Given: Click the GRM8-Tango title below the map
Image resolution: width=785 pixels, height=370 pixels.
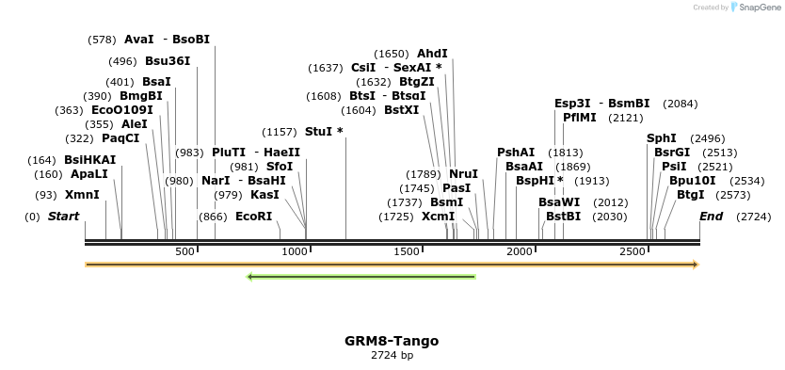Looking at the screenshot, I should tap(392, 341).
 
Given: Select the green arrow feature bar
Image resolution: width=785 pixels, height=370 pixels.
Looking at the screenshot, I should tap(361, 277).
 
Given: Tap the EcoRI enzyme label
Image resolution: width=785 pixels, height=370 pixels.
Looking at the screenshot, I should tap(253, 217).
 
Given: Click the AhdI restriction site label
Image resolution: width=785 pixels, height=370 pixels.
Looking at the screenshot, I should tap(432, 54).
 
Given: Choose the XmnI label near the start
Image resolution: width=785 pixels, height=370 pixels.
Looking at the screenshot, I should tap(82, 195).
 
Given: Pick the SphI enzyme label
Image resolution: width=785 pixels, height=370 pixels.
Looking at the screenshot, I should tap(661, 138).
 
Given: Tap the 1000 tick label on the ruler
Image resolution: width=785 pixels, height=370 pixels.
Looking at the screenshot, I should tap(296, 251).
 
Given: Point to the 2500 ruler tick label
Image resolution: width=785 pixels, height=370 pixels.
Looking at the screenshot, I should tap(633, 251).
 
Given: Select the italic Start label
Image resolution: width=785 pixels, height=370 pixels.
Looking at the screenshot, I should tap(63, 217).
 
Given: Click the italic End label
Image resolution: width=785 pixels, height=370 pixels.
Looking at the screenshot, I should tap(711, 217).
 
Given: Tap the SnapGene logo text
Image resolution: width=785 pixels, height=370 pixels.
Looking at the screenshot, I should tap(761, 8).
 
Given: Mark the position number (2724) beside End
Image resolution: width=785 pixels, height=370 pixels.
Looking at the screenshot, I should tap(754, 217).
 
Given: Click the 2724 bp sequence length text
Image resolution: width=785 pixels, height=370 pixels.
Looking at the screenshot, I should tap(392, 355).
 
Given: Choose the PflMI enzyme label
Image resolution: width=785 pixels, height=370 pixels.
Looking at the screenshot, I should tap(579, 118).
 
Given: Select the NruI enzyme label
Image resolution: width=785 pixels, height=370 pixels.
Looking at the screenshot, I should tap(463, 174).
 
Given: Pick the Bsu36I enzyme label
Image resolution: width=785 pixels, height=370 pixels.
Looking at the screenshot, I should tap(167, 61).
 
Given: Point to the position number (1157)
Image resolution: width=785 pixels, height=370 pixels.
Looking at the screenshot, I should tap(279, 132).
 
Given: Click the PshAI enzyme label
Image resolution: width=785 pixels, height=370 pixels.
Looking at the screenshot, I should tap(515, 153).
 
